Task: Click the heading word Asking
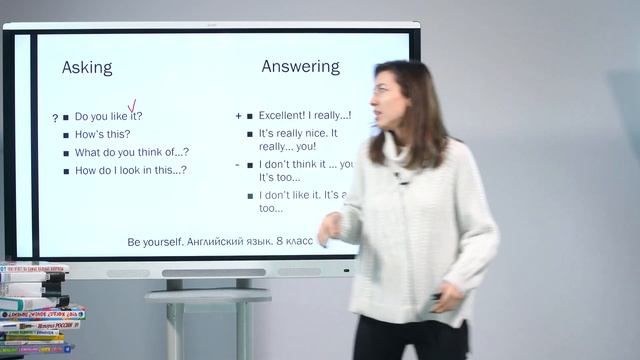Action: point(87,68)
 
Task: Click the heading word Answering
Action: point(300,67)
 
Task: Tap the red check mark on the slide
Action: point(132,106)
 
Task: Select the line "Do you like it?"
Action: point(108,116)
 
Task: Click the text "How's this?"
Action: point(102,134)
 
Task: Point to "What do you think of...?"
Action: point(131,152)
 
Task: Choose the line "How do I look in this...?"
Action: point(130,170)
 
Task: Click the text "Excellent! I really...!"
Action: point(304,116)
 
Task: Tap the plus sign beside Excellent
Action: point(238,116)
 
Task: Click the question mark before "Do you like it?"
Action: point(55,118)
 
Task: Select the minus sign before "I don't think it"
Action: point(238,164)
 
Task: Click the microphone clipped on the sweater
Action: point(400,179)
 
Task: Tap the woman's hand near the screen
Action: point(329,231)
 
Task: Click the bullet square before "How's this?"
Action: point(66,135)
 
